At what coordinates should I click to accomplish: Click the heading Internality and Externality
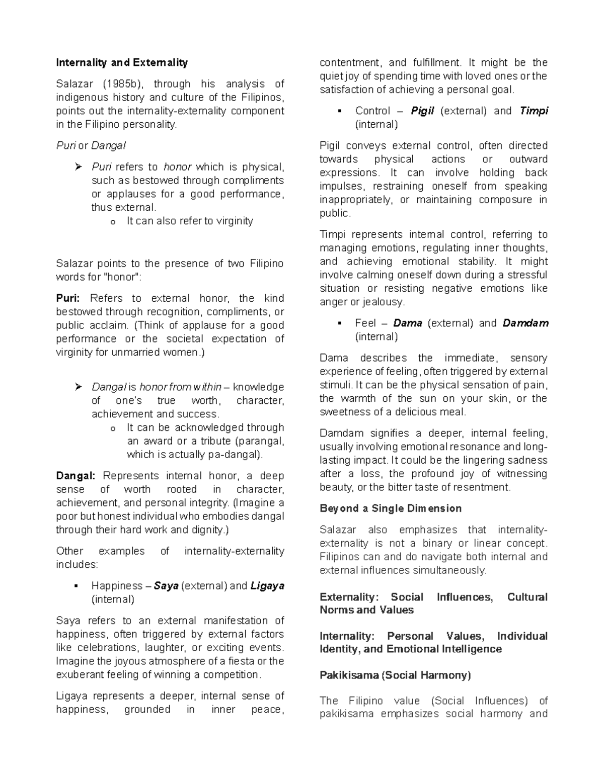click(122, 63)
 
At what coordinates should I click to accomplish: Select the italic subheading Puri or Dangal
click(91, 146)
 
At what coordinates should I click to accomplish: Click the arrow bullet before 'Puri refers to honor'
click(78, 167)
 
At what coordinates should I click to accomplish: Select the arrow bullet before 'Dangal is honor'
click(78, 387)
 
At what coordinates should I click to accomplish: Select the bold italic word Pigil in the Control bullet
click(422, 111)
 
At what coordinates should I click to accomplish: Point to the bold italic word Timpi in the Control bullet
click(534, 111)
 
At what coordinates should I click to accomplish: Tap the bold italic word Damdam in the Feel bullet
click(525, 323)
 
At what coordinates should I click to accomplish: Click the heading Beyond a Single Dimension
click(391, 508)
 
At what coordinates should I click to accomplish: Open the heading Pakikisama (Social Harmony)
click(395, 675)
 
